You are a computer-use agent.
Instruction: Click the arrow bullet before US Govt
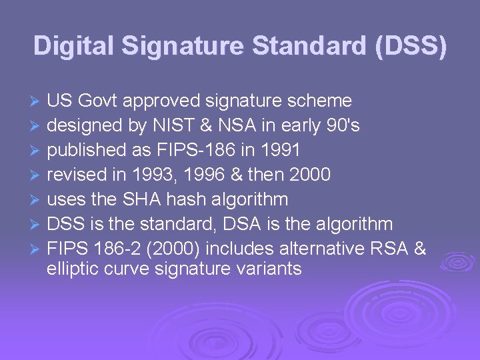click(37, 102)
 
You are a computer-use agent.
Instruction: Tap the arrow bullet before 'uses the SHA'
click(37, 200)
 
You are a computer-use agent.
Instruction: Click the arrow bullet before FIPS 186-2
click(37, 249)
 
